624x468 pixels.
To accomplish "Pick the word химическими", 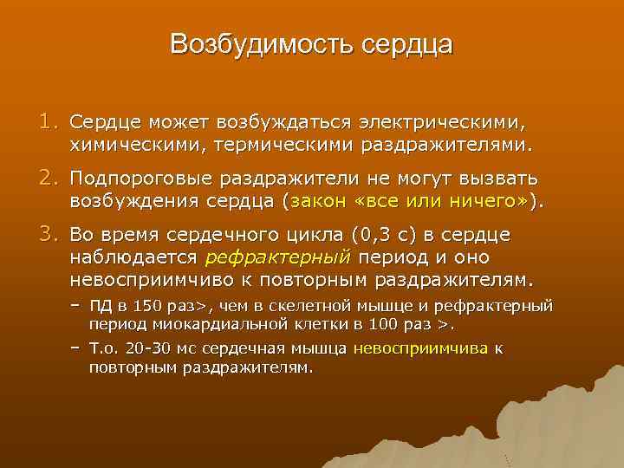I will (134, 142).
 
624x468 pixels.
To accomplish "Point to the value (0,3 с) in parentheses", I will (387, 235).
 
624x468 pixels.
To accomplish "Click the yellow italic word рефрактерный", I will (276, 257).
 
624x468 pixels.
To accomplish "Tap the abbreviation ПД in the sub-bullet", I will (101, 306).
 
